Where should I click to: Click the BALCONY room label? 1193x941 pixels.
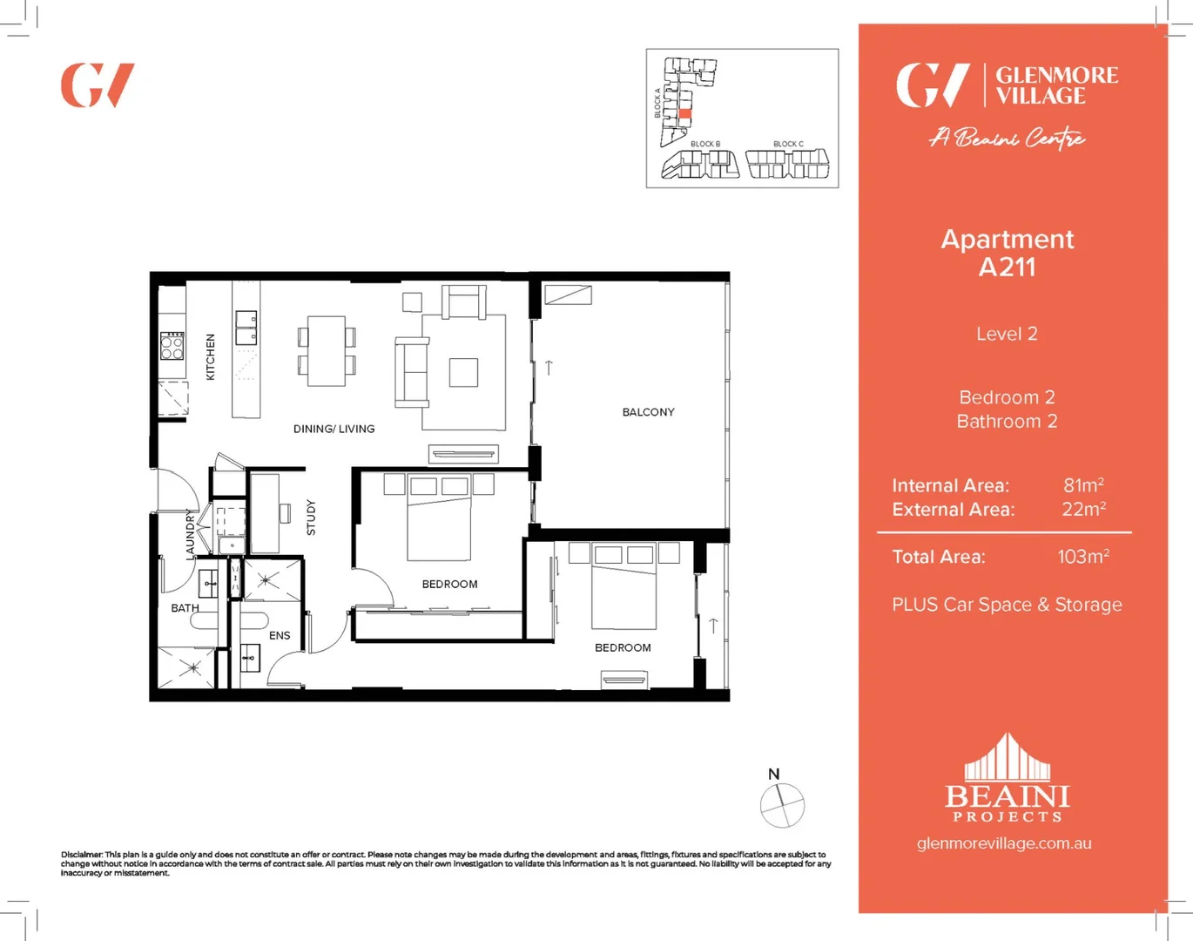pos(648,412)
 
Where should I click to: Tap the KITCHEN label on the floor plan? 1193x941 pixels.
pos(210,356)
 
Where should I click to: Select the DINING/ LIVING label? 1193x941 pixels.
pos(334,429)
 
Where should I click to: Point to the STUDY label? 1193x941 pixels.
pos(311,517)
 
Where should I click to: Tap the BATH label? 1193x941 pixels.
pos(185,608)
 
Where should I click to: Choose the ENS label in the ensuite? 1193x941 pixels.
pos(280,636)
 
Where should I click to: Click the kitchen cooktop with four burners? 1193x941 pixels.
pos(172,346)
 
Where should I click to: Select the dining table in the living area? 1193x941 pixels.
pos(327,351)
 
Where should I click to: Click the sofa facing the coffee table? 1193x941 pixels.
pos(411,373)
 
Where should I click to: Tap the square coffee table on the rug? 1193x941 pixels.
pos(463,372)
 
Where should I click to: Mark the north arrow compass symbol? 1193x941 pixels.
pos(782,804)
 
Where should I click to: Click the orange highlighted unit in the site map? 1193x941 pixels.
pos(684,114)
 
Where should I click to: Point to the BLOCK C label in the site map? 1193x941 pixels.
pos(788,144)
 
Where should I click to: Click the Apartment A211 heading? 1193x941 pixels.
pos(1007,253)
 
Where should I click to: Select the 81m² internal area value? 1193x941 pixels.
pos(1082,485)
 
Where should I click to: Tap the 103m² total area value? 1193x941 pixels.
pos(1082,557)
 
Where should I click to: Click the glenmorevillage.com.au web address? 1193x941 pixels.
pos(1004,843)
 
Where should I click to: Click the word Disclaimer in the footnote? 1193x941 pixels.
pos(82,855)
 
